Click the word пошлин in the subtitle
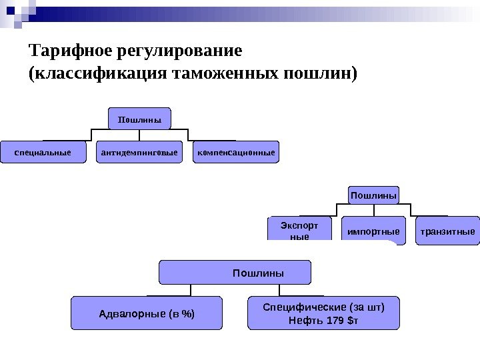[x=313, y=73]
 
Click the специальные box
[x=43, y=152]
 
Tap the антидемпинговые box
[x=139, y=152]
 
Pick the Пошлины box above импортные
[x=373, y=196]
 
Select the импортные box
[x=373, y=231]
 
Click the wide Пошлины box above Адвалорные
[x=235, y=273]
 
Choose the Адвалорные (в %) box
[x=147, y=313]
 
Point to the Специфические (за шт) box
[x=323, y=307]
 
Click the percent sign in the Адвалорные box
[x=188, y=314]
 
